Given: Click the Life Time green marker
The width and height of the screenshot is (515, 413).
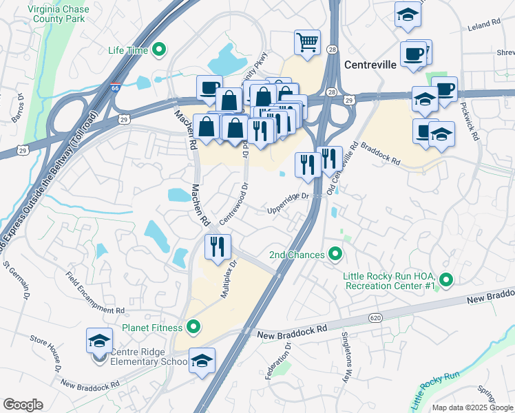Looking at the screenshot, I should (x=159, y=50).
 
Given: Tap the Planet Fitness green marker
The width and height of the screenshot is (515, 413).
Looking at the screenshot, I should (x=194, y=327).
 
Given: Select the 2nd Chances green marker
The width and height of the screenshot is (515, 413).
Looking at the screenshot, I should (x=335, y=255).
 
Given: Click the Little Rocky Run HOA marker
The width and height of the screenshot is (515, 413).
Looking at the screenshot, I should (x=445, y=280).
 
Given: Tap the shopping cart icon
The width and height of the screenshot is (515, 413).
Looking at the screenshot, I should (x=307, y=41).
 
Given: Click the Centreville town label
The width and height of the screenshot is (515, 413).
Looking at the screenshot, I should (x=370, y=65).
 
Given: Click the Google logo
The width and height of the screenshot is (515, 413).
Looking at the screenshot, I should (x=23, y=405).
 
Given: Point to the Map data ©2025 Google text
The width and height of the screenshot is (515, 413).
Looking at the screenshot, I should (x=472, y=407).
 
